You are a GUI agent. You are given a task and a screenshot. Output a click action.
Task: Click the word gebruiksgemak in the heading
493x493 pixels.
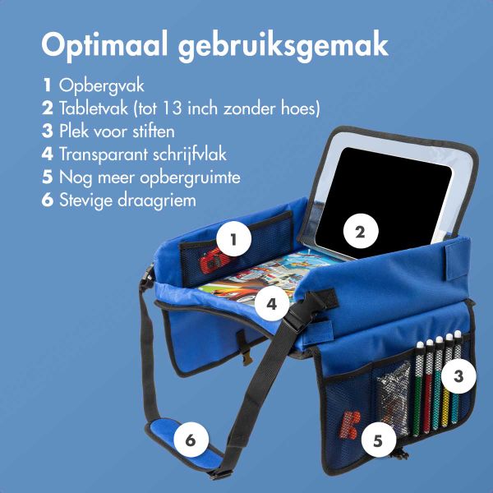pyautogui.click(x=284, y=46)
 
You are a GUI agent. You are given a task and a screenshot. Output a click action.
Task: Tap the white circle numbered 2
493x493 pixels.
pyautogui.click(x=359, y=231)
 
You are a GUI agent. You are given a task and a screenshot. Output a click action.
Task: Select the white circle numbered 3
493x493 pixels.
pyautogui.click(x=459, y=376)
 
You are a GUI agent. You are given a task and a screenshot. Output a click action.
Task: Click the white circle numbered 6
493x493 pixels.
pyautogui.click(x=190, y=440)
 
